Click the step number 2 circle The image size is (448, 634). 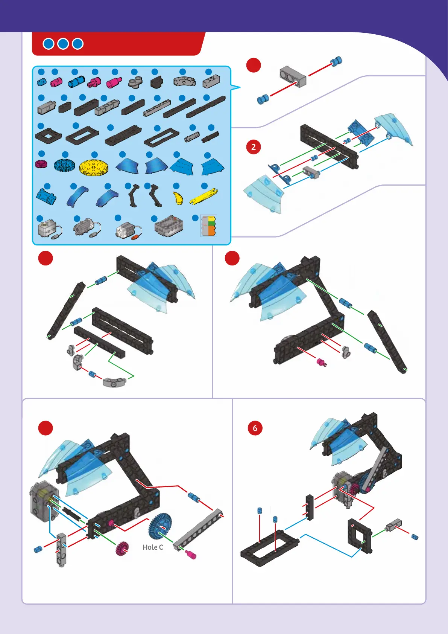pos(254,147)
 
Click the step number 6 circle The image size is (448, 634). pos(255,428)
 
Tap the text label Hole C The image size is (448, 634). pos(153,547)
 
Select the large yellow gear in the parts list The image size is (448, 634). pos(94,167)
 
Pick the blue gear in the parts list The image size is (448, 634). pos(64,165)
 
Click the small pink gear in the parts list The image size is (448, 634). pos(41,164)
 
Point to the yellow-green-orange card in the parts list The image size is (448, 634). pos(208,226)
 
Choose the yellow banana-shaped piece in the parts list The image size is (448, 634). pos(178,197)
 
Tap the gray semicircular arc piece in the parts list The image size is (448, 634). pos(184,81)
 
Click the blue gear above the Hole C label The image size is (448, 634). pos(160,525)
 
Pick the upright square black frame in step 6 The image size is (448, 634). pos(360,536)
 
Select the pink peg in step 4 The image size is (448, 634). pos(322,362)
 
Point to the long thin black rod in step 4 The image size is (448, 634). pos(387,341)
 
